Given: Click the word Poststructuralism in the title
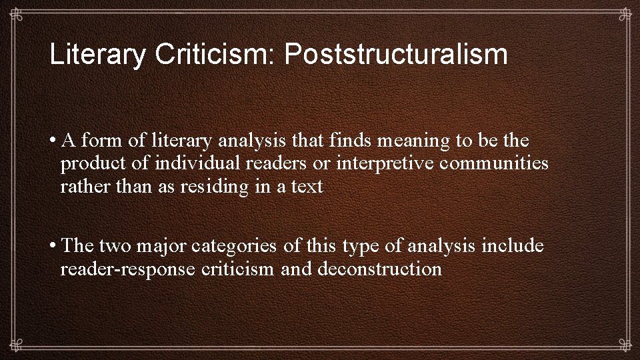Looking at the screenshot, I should [x=396, y=55].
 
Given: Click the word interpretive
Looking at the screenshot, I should [x=380, y=164].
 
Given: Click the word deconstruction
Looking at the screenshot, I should [x=380, y=269].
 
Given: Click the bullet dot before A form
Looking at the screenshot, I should [x=51, y=141].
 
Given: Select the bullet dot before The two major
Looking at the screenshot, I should [x=51, y=246].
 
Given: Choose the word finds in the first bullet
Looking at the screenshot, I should [x=349, y=141].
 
